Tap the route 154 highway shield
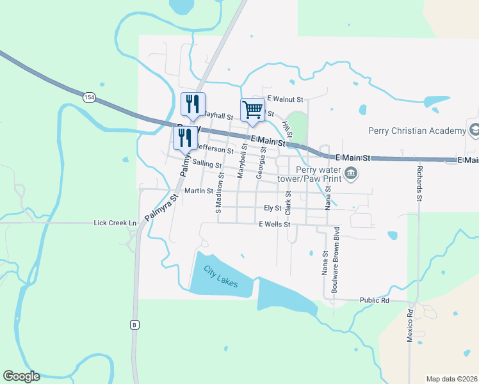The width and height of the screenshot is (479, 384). click(89, 97)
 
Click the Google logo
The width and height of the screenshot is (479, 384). click(21, 376)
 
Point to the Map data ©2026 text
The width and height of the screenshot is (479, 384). click(451, 379)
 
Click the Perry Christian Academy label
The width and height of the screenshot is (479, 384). click(417, 131)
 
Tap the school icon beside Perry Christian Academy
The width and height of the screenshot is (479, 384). click(475, 131)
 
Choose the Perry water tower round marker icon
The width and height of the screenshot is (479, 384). click(351, 173)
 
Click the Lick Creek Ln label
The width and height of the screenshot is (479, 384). click(115, 223)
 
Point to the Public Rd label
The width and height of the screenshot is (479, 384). click(375, 300)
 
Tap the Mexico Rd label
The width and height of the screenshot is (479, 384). click(410, 326)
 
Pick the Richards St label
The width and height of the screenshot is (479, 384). click(419, 185)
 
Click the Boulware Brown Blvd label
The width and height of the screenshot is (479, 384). click(334, 259)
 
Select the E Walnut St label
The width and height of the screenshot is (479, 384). click(285, 99)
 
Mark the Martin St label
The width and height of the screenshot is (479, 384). click(199, 191)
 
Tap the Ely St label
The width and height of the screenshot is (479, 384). click(273, 208)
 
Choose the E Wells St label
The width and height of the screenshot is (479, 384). click(275, 225)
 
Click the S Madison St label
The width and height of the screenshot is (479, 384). click(218, 192)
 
